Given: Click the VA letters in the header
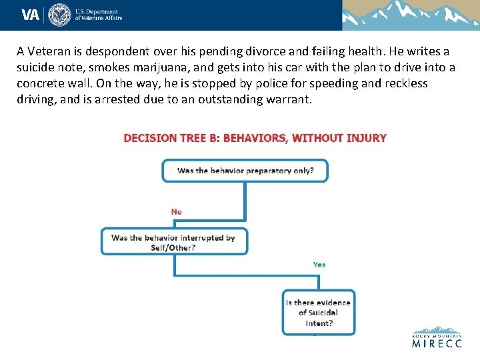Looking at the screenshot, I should (31, 15).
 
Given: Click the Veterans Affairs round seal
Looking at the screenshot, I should (60, 15).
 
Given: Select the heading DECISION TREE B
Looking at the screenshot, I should (171, 138).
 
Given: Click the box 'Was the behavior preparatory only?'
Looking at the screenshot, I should (245, 171).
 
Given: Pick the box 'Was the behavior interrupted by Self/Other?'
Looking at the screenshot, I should (173, 242).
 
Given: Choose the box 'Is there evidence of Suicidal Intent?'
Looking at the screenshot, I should (319, 312).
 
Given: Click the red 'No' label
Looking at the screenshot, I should (176, 211).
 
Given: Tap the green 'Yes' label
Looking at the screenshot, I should (319, 265).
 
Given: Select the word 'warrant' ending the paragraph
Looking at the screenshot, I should (288, 99).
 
